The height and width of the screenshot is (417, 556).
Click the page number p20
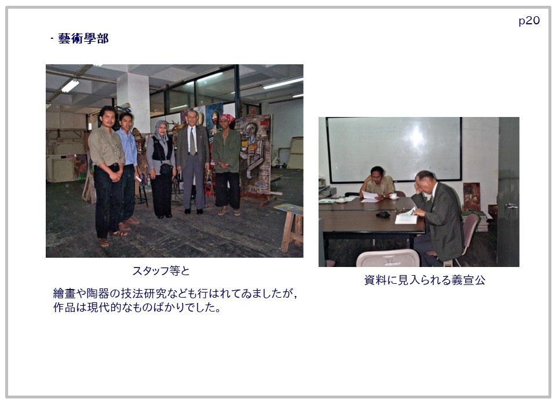pos(529,21)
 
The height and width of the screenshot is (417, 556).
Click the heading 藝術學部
pos(83,38)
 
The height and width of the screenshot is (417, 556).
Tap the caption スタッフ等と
pos(162,271)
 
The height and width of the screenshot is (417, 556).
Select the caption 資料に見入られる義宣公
pos(425,280)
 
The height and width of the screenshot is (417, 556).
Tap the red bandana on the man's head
pos(227,118)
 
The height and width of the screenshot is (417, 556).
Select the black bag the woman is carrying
pos(166,169)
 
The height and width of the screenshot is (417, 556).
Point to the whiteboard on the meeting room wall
pos(394,149)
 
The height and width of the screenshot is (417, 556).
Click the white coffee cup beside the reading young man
pos(393,196)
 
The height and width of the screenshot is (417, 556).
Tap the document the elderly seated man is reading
pos(407,216)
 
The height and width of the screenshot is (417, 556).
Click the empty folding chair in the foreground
pos(387,258)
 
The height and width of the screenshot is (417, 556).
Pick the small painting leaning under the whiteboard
pos(471,197)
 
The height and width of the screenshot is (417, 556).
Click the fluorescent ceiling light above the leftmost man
pos(70,86)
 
